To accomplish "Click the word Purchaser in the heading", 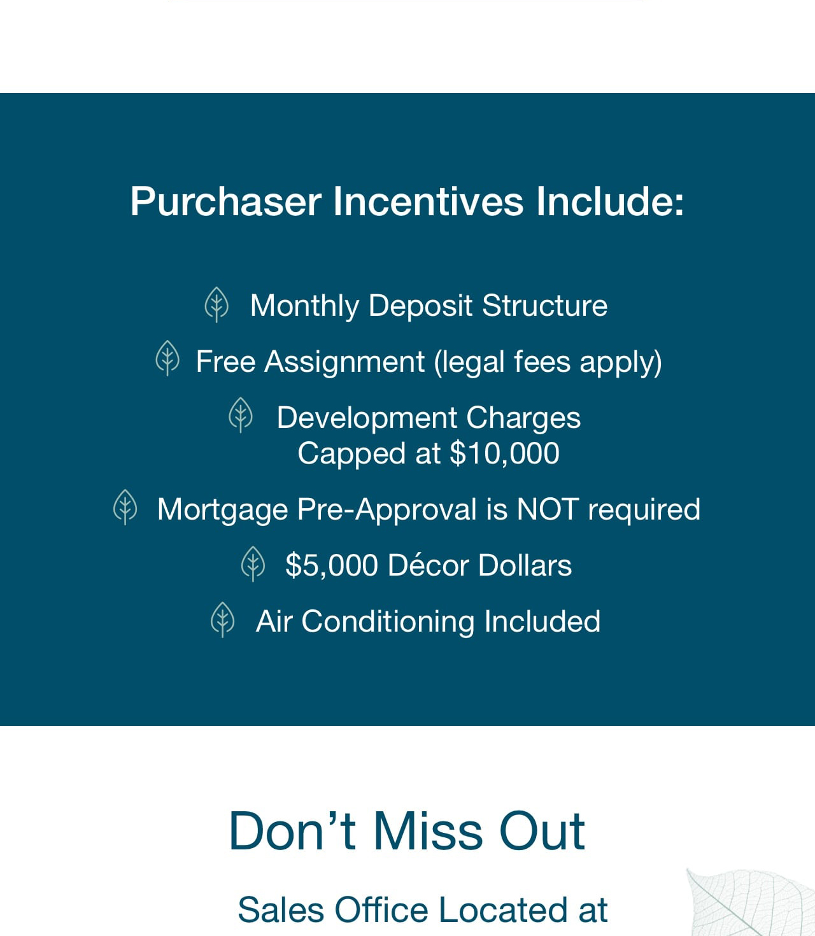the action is coord(226,202).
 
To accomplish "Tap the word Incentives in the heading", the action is coord(428,201).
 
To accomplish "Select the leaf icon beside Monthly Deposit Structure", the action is coord(216,305).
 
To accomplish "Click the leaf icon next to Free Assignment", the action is coord(167,358).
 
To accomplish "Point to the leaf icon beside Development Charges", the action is coord(241,415).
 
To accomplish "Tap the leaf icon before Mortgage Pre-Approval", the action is coord(125,507).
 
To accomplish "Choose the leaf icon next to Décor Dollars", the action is coord(253,564).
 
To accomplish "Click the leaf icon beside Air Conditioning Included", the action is coord(222,620).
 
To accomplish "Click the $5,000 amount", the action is coord(332,565).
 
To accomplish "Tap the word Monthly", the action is coord(304,306).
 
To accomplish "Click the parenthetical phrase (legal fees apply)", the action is coord(548,363).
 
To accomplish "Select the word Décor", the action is coord(428,565).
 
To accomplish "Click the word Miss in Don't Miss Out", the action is coord(428,831).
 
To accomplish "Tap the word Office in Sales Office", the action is coord(381,910).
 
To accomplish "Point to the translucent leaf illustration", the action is coord(750,902).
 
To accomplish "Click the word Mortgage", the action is coord(222,510).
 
